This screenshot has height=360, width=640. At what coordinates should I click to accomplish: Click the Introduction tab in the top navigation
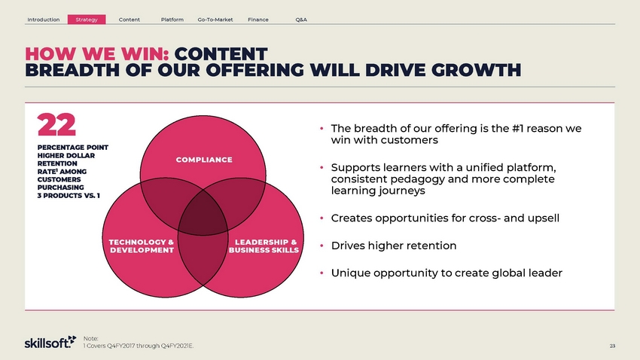tap(43, 20)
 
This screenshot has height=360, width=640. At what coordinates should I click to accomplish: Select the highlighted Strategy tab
tap(87, 20)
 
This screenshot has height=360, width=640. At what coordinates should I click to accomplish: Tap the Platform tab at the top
tap(172, 20)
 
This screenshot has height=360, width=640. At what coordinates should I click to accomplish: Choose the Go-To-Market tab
tap(215, 20)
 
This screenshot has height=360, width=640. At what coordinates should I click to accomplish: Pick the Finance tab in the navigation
tap(258, 20)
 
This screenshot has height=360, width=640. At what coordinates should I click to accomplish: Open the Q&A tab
tap(301, 20)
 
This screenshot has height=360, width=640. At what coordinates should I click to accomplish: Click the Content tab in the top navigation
tap(129, 20)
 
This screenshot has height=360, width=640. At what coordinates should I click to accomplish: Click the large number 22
tap(56, 125)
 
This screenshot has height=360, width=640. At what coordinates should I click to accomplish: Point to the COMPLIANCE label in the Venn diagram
tap(204, 160)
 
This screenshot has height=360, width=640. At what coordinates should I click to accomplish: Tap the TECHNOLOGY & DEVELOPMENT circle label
tap(142, 246)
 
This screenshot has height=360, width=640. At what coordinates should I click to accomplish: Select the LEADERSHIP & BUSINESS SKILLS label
tap(264, 246)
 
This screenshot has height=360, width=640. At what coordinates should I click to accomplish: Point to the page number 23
tap(612, 346)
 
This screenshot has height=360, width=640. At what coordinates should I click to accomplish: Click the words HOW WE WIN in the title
tap(97, 54)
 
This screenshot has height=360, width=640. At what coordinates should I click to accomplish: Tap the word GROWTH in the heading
tap(477, 70)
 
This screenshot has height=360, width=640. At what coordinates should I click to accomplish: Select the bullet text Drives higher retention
tap(394, 246)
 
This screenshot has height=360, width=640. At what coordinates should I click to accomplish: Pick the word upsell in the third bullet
tap(544, 218)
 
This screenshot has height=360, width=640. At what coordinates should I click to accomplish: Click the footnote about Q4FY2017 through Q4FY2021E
tap(139, 346)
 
